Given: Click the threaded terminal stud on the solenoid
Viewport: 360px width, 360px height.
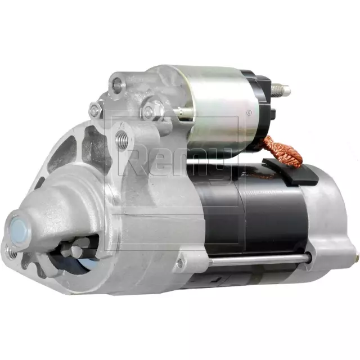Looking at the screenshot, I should tap(281, 89).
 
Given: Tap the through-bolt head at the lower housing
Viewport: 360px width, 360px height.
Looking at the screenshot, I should tap(179, 263).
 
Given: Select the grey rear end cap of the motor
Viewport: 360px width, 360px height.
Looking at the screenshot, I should tap(332, 219).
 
